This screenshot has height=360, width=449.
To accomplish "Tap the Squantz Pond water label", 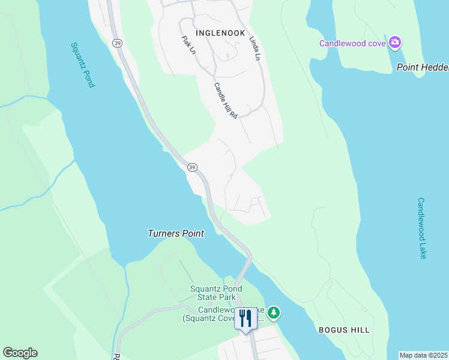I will click(x=82, y=65).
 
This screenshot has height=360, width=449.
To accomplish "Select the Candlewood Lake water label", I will click(x=421, y=228).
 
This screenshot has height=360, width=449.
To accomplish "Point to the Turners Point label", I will click(x=176, y=233).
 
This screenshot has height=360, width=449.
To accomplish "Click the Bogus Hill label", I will click(x=344, y=330).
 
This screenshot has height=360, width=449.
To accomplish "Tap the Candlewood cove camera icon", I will click(x=395, y=43).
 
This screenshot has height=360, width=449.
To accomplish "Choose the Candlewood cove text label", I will click(x=353, y=43).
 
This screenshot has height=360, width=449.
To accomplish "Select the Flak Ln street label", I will click(x=188, y=45).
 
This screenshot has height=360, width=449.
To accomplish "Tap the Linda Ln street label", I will click(x=256, y=48).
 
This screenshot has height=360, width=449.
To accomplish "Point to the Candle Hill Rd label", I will click(x=226, y=100).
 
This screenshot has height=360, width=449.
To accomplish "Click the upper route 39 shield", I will click(x=118, y=43).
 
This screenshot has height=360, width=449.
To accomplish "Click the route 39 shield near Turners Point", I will click(x=191, y=166).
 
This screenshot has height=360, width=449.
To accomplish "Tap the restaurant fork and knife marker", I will click(x=245, y=317).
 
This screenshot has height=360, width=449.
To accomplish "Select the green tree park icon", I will click(x=274, y=313).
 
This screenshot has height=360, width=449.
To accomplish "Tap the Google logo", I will click(x=20, y=353).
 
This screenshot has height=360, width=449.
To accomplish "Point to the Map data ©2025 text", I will click(x=424, y=355).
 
